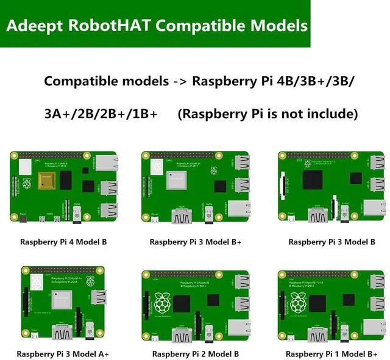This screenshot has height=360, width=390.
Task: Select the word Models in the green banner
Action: pos(275,27)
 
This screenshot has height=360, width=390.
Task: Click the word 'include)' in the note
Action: pos(329,114)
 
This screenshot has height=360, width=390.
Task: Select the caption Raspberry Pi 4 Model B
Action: pos(63,242)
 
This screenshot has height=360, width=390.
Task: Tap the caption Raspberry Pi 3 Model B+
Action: pos(196,242)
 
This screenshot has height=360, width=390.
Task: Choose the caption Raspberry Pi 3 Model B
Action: pos(332,242)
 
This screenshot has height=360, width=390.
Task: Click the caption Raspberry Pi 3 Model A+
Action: pos(63,354)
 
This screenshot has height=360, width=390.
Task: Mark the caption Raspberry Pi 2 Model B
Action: pos(196,354)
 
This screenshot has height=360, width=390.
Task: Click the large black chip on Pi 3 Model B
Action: pos(314,180)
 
